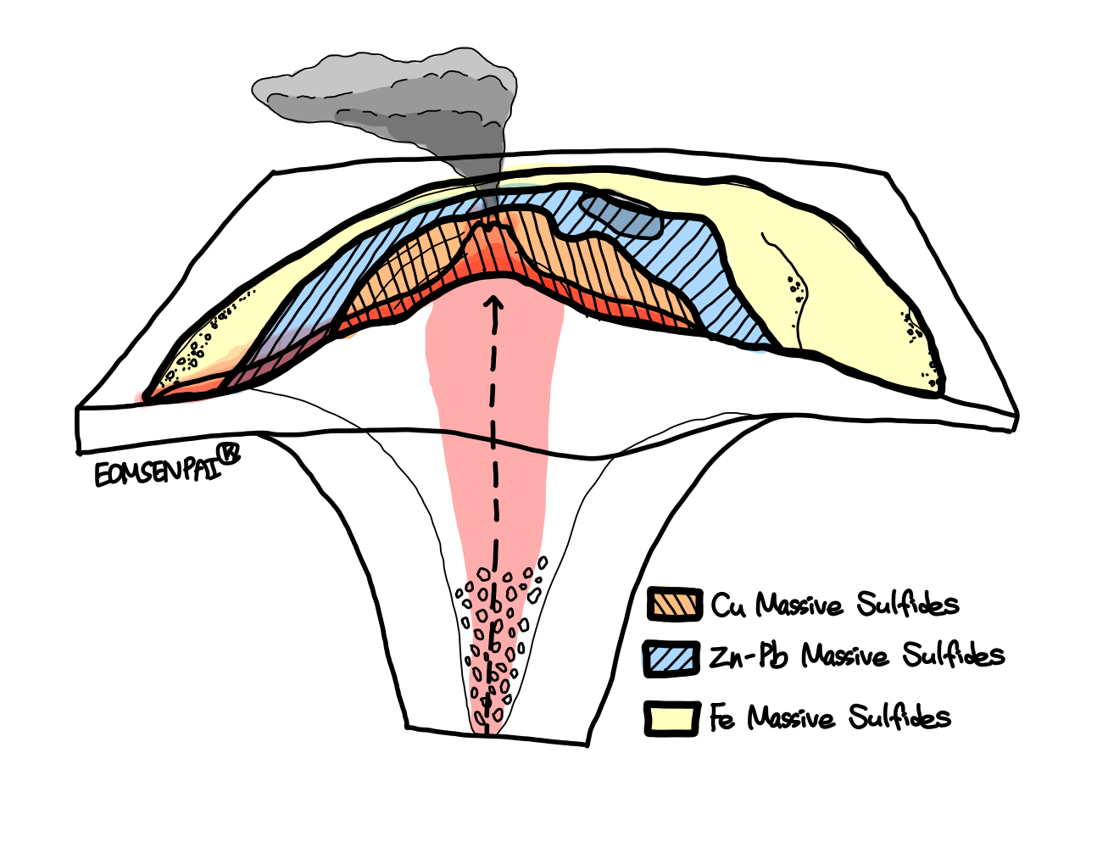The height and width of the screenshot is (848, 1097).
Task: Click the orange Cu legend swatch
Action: point(674,605)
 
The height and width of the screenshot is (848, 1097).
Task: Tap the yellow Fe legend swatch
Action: point(671,717)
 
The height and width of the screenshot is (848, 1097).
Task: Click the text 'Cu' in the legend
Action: point(728,605)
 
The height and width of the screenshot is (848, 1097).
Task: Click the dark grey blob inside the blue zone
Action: point(619,214)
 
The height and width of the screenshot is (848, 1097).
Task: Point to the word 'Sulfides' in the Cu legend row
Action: point(907,604)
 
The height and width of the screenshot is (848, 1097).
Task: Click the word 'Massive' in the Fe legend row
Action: point(792,718)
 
